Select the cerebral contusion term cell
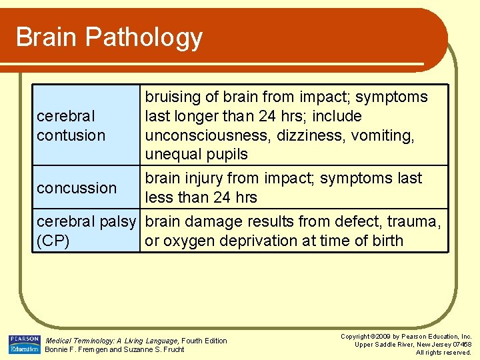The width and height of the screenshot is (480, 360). pyautogui.click(x=71, y=125)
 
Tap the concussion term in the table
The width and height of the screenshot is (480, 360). pyautogui.click(x=77, y=188)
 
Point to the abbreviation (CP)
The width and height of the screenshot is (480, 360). pyautogui.click(x=53, y=241)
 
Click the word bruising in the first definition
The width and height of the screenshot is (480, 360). pyautogui.click(x=173, y=97)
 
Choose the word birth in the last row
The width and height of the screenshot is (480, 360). pyautogui.click(x=385, y=241)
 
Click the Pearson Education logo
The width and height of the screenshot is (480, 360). pyautogui.click(x=24, y=344)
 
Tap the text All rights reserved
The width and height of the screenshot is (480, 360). pyautogui.click(x=443, y=352)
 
